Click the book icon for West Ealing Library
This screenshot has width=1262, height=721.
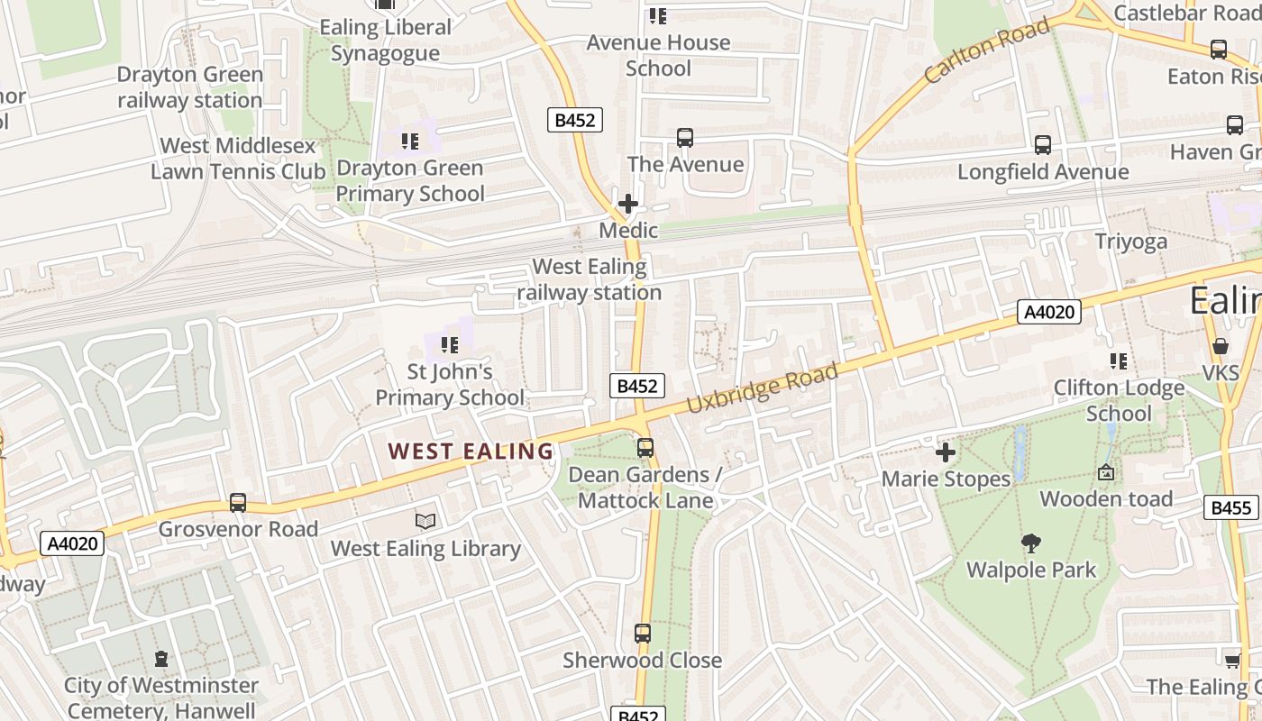click(x=425, y=521)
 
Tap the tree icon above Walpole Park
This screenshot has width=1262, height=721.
click(x=1031, y=543)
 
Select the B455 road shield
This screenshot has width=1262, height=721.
click(x=1230, y=507)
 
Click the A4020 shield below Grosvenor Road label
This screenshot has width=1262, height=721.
click(x=72, y=543)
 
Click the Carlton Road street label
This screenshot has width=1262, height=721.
click(x=987, y=50)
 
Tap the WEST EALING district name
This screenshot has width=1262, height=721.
click(x=470, y=452)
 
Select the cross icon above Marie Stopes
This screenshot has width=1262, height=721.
click(x=945, y=452)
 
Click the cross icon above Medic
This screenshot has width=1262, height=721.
click(x=628, y=204)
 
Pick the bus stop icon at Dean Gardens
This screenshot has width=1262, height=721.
click(x=645, y=448)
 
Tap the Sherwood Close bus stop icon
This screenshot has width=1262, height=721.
click(x=642, y=634)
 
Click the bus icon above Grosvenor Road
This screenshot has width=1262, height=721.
click(x=238, y=502)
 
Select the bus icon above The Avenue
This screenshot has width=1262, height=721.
click(x=685, y=138)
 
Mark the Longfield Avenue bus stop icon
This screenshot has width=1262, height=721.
click(x=1042, y=144)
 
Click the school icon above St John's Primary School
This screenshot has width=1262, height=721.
click(x=449, y=344)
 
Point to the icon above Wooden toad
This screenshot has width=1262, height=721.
click(x=1105, y=472)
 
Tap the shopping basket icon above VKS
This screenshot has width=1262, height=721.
click(x=1220, y=346)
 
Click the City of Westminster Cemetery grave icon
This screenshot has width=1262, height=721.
click(x=161, y=659)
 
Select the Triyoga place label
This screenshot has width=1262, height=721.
click(x=1130, y=241)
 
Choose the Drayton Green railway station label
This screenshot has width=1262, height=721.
click(x=189, y=87)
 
